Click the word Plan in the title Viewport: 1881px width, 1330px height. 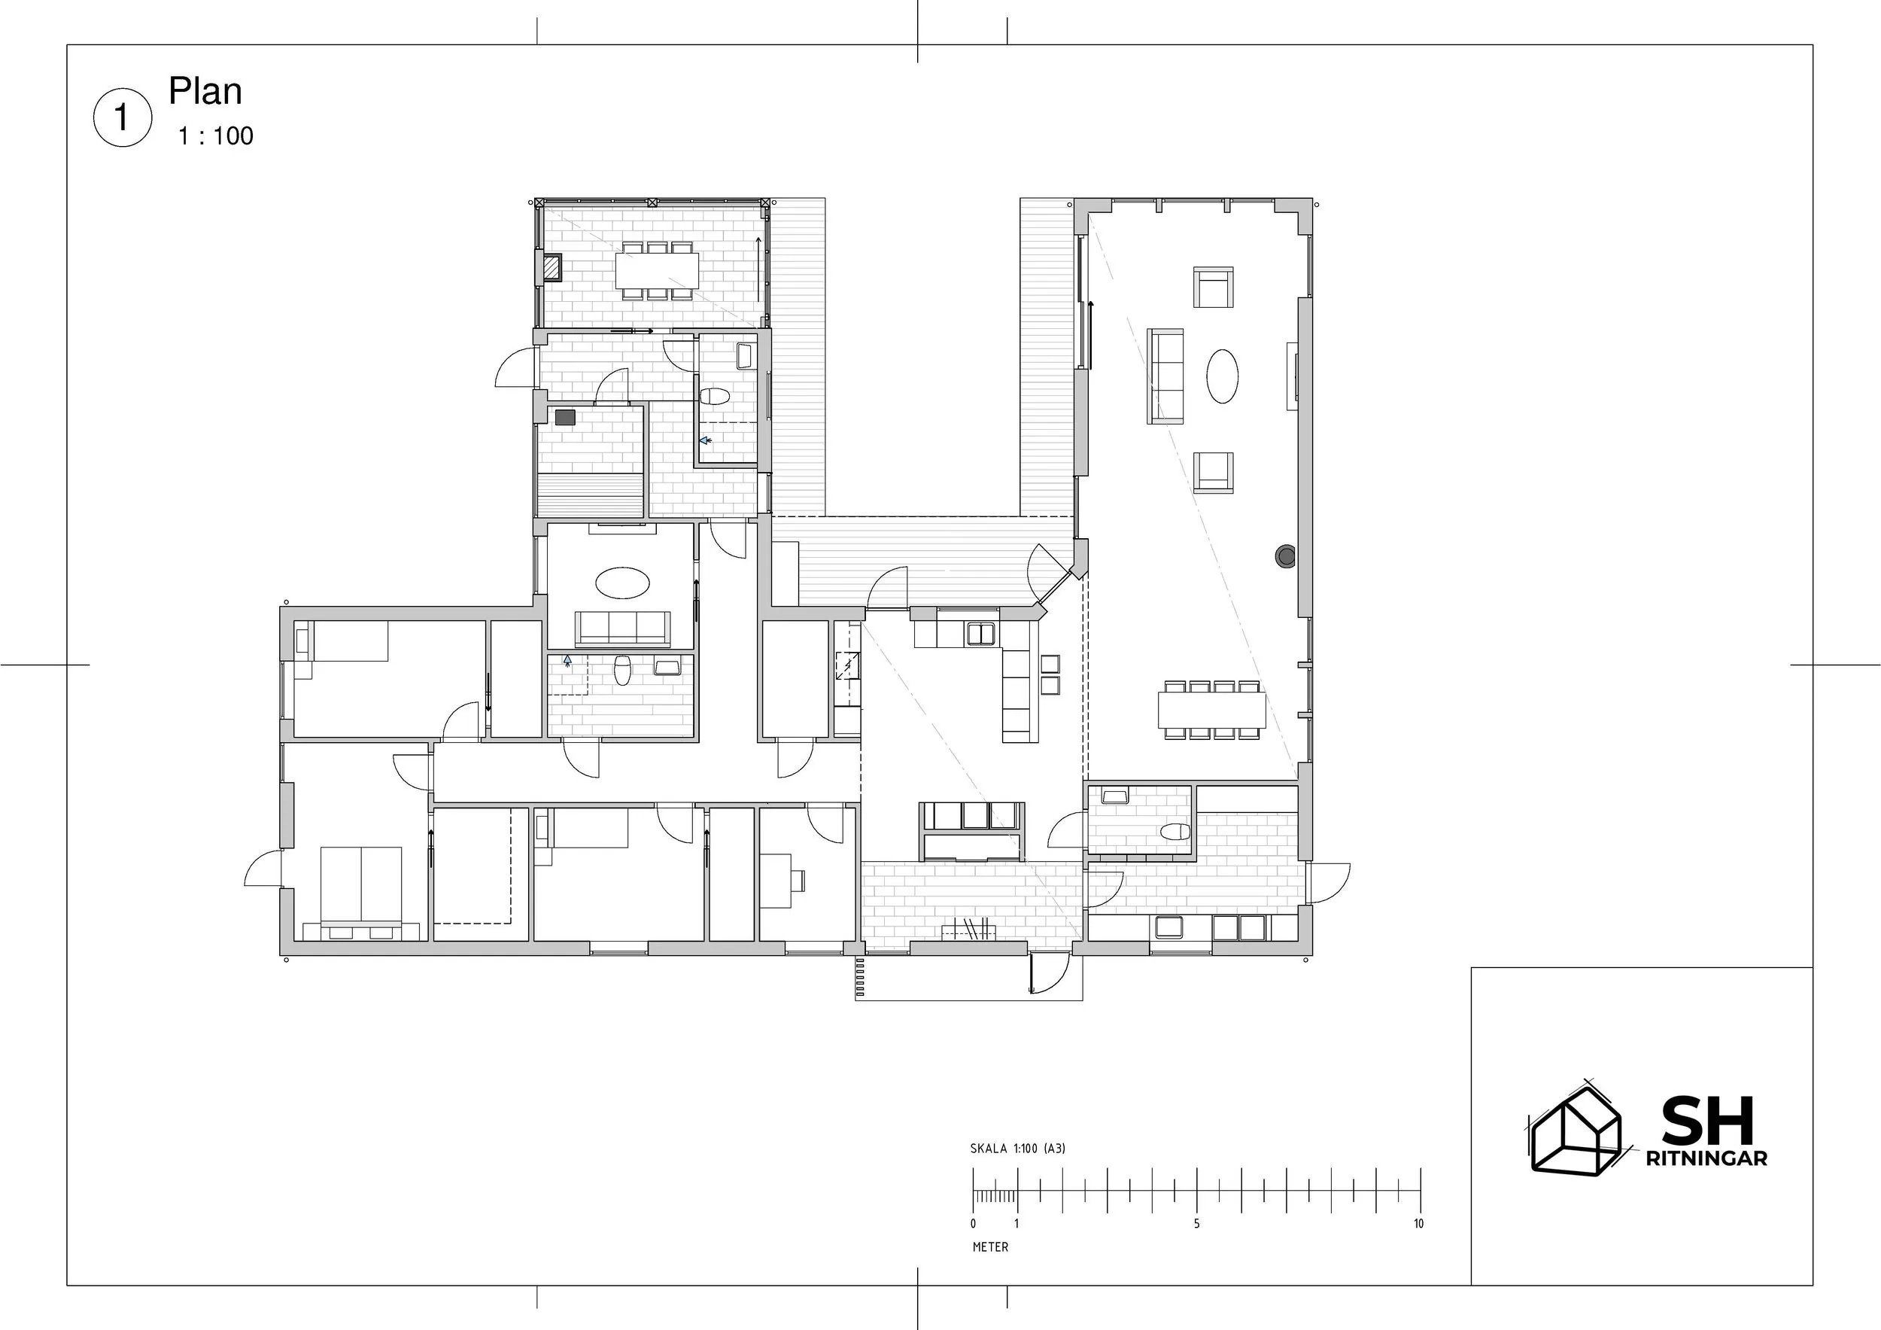click(x=205, y=92)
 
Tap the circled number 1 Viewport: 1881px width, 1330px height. click(x=123, y=118)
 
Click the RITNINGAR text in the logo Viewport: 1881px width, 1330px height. click(x=1706, y=1158)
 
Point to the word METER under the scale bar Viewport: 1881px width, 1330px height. click(x=990, y=1246)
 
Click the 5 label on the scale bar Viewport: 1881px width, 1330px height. click(x=1196, y=1223)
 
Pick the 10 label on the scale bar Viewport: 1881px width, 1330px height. click(x=1418, y=1223)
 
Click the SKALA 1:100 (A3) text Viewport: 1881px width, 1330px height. click(x=1017, y=1148)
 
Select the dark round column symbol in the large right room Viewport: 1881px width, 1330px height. click(x=1285, y=556)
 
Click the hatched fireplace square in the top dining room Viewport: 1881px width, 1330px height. click(x=552, y=266)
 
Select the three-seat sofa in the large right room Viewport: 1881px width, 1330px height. click(x=1165, y=376)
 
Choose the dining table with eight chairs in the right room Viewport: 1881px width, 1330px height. click(x=1211, y=711)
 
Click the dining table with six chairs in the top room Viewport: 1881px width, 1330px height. click(x=657, y=270)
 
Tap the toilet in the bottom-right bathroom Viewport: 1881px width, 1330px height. click(x=1174, y=832)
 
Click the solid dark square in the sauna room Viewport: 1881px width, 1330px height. click(x=565, y=417)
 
